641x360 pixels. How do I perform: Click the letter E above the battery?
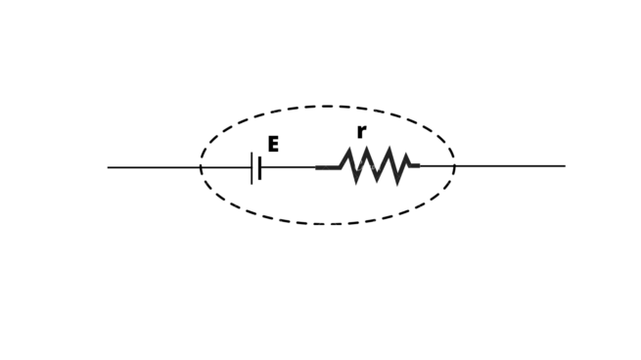(x=273, y=145)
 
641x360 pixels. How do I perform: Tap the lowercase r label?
(x=361, y=132)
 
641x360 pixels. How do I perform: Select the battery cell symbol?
(x=255, y=167)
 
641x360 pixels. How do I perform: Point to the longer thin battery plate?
(x=252, y=167)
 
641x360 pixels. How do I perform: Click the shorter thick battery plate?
(x=259, y=167)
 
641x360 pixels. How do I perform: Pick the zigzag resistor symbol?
(x=373, y=166)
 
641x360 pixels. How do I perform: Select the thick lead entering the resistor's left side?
(x=327, y=167)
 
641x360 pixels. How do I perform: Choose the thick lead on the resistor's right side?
(x=414, y=166)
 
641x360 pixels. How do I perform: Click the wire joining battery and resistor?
(x=287, y=167)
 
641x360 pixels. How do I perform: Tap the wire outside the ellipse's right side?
(x=510, y=166)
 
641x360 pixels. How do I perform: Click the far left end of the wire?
(x=109, y=167)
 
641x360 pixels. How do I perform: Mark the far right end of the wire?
(x=564, y=166)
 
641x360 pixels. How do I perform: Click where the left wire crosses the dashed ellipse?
(x=201, y=167)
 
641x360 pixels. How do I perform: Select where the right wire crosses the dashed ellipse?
(x=454, y=166)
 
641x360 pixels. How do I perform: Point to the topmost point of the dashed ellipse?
(x=327, y=107)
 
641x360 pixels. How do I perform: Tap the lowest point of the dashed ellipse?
(x=329, y=224)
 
